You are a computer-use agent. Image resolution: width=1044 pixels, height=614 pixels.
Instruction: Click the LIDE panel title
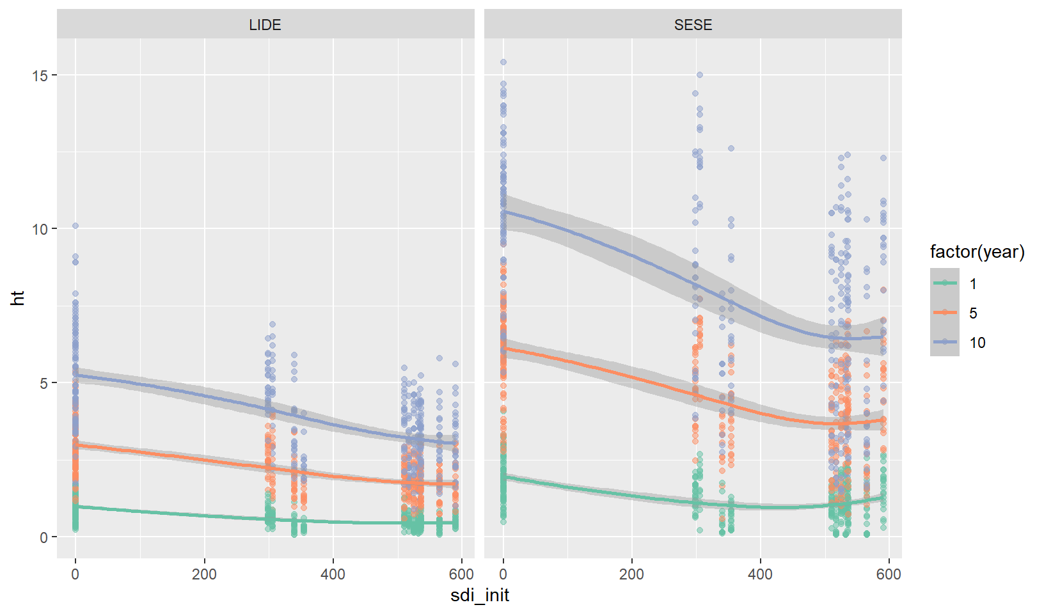(265, 25)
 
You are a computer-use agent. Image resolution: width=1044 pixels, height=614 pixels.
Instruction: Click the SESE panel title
(693, 25)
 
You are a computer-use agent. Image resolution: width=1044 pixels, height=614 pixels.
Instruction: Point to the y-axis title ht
(18, 298)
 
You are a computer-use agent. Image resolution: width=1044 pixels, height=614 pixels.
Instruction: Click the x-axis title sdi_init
(480, 595)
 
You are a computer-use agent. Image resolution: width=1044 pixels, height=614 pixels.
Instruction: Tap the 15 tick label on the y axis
(40, 75)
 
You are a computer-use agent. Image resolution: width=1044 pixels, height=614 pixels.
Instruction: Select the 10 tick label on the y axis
(40, 229)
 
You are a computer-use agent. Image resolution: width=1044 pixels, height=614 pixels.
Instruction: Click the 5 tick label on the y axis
(43, 383)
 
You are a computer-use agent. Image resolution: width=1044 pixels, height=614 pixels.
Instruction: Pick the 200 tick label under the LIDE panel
(204, 574)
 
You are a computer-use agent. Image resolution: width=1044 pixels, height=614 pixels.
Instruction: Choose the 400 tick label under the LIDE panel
(333, 574)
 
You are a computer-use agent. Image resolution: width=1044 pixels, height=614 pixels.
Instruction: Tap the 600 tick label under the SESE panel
(889, 574)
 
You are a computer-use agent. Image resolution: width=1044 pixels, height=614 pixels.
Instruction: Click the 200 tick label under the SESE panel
(632, 574)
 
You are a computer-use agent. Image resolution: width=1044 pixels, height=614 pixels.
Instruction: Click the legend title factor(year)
(977, 252)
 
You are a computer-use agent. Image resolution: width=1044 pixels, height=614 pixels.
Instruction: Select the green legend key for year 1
(944, 283)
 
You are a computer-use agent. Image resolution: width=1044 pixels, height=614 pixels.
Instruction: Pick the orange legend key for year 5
(944, 313)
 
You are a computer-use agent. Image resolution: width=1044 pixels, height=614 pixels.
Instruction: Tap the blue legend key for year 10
(944, 342)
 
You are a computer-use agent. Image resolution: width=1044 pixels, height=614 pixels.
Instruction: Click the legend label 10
(977, 343)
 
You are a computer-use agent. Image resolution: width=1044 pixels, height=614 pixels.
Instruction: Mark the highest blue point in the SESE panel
(503, 62)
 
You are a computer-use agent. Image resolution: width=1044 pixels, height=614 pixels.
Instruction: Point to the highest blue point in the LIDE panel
(75, 226)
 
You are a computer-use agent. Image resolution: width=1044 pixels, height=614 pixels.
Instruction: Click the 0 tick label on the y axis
(43, 537)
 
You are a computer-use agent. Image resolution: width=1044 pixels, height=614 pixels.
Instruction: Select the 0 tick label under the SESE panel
(503, 574)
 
